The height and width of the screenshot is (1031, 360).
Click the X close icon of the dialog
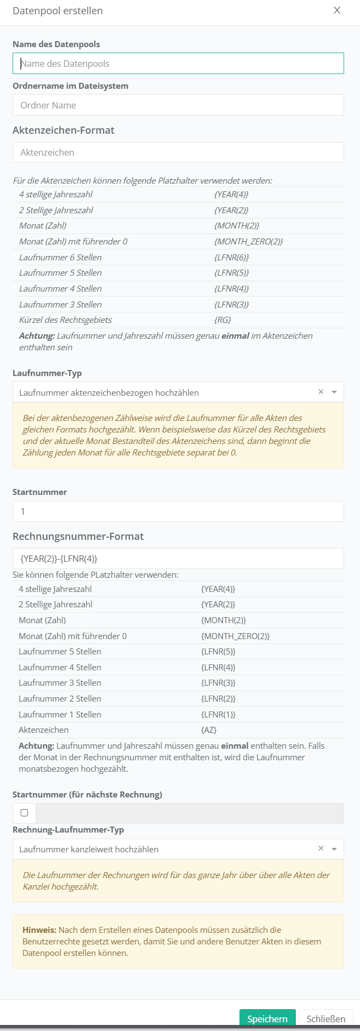(337, 10)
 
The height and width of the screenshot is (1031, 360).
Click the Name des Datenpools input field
(178, 64)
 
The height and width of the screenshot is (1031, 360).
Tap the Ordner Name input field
(178, 105)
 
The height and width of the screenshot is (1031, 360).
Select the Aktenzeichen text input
(178, 152)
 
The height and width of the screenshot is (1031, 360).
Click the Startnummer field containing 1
(178, 511)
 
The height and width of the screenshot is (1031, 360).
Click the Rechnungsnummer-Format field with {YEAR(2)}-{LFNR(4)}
(178, 559)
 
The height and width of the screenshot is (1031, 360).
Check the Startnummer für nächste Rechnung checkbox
(24, 813)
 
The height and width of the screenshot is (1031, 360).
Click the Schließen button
(325, 1019)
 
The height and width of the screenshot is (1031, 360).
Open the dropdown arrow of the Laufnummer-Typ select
(334, 392)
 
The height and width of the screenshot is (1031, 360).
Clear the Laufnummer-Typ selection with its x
(321, 392)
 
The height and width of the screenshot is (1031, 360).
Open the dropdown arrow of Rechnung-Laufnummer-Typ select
(334, 849)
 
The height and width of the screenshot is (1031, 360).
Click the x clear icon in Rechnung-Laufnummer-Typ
(321, 848)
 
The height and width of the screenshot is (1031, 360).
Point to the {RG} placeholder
(222, 320)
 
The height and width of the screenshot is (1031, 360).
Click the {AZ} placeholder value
(209, 730)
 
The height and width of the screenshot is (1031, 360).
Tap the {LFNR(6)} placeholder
(231, 258)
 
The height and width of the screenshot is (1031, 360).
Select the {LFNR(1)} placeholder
(218, 715)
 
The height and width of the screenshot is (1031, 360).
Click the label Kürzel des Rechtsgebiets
(65, 320)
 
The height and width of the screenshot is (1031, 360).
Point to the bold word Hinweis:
(39, 930)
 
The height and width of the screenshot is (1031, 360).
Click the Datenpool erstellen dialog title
(58, 11)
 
